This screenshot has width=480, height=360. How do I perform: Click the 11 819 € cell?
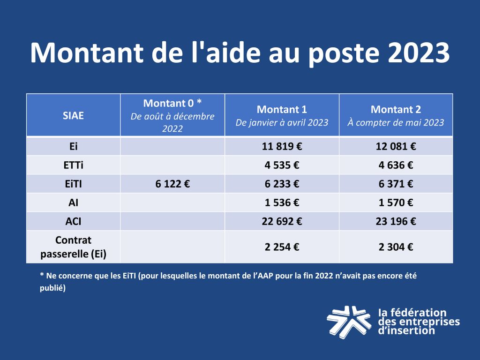pyautogui.click(x=282, y=146)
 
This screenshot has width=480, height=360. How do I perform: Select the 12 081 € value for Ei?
pyautogui.click(x=396, y=146)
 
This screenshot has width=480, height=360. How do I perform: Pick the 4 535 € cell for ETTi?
pyautogui.click(x=282, y=165)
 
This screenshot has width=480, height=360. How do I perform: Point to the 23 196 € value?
pyautogui.click(x=396, y=221)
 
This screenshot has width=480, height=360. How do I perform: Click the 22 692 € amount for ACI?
pyautogui.click(x=282, y=221)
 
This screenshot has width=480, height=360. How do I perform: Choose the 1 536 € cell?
pyautogui.click(x=282, y=203)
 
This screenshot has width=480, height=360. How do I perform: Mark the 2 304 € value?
pyautogui.click(x=396, y=247)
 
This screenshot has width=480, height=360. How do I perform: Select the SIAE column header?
pyautogui.click(x=73, y=115)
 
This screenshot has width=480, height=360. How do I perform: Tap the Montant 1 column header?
pyautogui.click(x=282, y=110)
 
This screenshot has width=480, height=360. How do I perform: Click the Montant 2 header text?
pyautogui.click(x=396, y=110)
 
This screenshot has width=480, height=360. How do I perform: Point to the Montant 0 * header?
pyautogui.click(x=172, y=103)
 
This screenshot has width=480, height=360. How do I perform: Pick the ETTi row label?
pyautogui.click(x=73, y=165)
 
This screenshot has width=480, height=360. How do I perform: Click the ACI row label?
pyautogui.click(x=73, y=221)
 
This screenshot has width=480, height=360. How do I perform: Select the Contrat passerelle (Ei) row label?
pyautogui.click(x=73, y=247)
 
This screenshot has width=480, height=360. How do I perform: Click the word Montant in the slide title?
pyautogui.click(x=87, y=52)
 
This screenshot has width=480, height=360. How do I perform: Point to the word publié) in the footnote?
pyautogui.click(x=52, y=288)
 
